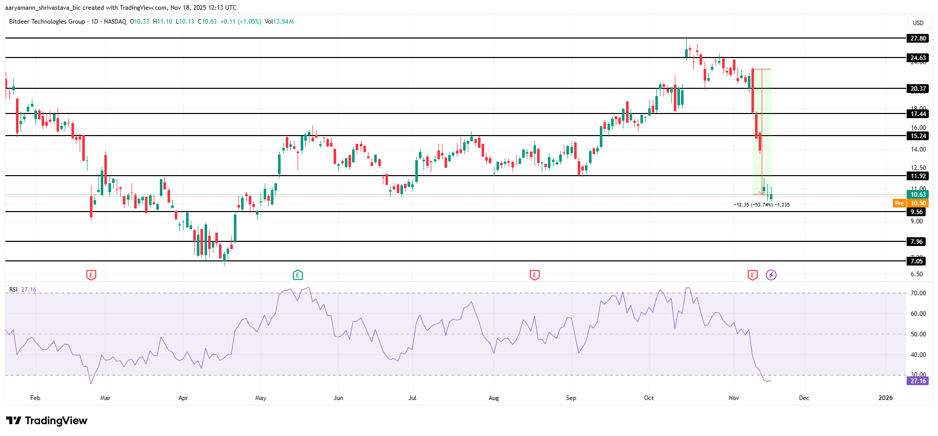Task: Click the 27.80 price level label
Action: coord(918,39)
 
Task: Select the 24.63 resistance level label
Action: coord(918,58)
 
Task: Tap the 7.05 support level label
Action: coord(917,261)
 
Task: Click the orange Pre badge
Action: coord(899,203)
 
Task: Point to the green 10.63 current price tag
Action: coord(918,195)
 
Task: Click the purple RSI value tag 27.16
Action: coord(918,381)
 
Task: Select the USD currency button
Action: coord(918,23)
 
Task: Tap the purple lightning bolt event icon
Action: coord(771,275)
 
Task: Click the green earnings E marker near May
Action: coord(298,275)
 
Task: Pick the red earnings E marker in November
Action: coord(752,275)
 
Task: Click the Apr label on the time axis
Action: coord(183,398)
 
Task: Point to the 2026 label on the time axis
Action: coord(886,398)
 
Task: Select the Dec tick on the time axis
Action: coord(804,398)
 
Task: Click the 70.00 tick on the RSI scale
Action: coord(918,293)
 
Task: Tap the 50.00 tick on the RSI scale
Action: coord(918,334)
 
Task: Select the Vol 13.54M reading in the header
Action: coord(279,22)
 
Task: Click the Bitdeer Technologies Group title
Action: coord(47,22)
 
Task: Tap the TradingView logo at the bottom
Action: coord(47,421)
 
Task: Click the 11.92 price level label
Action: coord(918,176)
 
